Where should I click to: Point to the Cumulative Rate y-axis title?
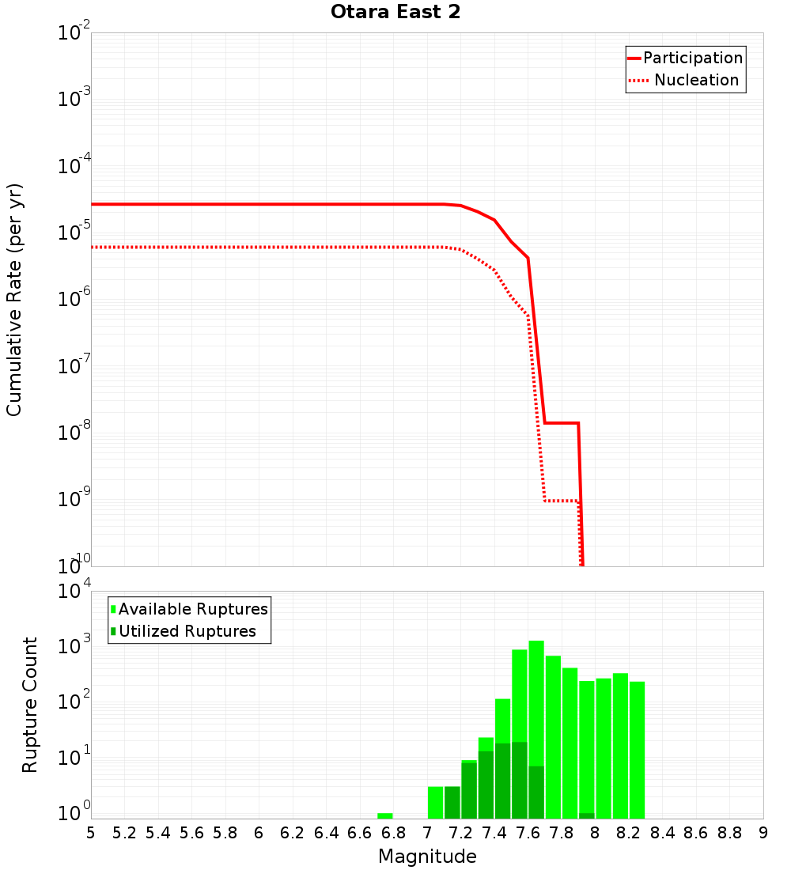[x=14, y=300]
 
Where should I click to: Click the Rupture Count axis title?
[x=30, y=705]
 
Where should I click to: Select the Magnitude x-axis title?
[x=427, y=857]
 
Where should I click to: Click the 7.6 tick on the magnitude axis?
[x=528, y=833]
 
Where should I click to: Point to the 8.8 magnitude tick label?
[x=729, y=833]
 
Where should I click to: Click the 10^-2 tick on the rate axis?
[x=74, y=34]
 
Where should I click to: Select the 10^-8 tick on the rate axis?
[x=74, y=433]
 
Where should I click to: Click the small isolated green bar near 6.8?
[x=385, y=815]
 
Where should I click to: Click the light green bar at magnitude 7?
[x=435, y=802]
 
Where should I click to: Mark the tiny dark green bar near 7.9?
[x=587, y=815]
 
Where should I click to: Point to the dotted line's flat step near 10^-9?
[x=562, y=501]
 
